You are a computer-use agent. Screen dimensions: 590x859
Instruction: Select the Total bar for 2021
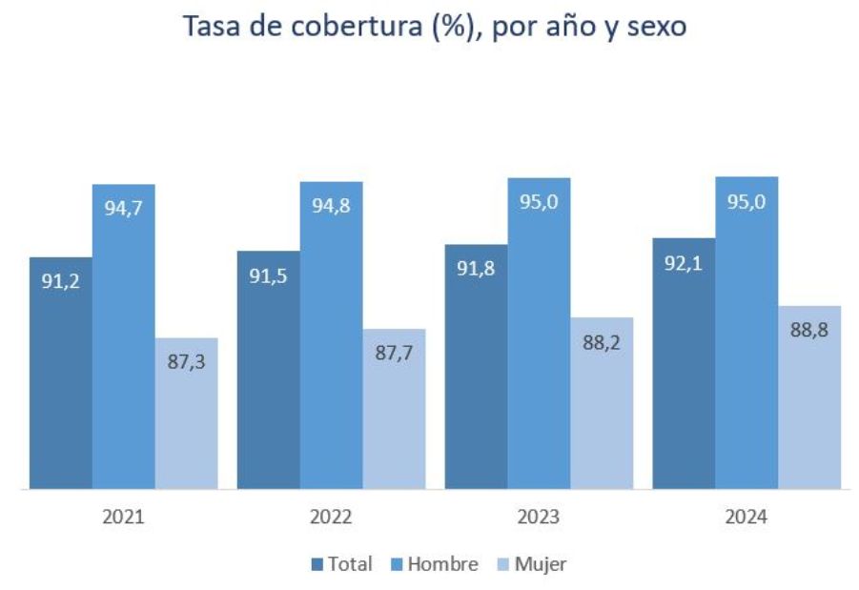pyautogui.click(x=61, y=381)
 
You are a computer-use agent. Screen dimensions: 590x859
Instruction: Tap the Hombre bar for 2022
pyautogui.click(x=331, y=343)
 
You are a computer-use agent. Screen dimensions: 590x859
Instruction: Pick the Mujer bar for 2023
pyautogui.click(x=602, y=410)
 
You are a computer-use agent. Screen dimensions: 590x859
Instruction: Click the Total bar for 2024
pyautogui.click(x=684, y=372)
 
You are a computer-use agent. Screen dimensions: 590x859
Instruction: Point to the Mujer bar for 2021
pyautogui.click(x=187, y=419)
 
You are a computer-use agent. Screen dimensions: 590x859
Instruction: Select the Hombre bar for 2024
pyautogui.click(x=747, y=343)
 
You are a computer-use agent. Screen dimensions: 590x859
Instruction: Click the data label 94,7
pyautogui.click(x=123, y=209)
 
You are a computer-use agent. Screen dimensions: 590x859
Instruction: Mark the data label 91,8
pyautogui.click(x=476, y=269)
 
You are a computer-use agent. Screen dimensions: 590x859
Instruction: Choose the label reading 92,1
pyautogui.click(x=684, y=262)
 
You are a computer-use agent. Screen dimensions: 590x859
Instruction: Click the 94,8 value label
pyautogui.click(x=331, y=206)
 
